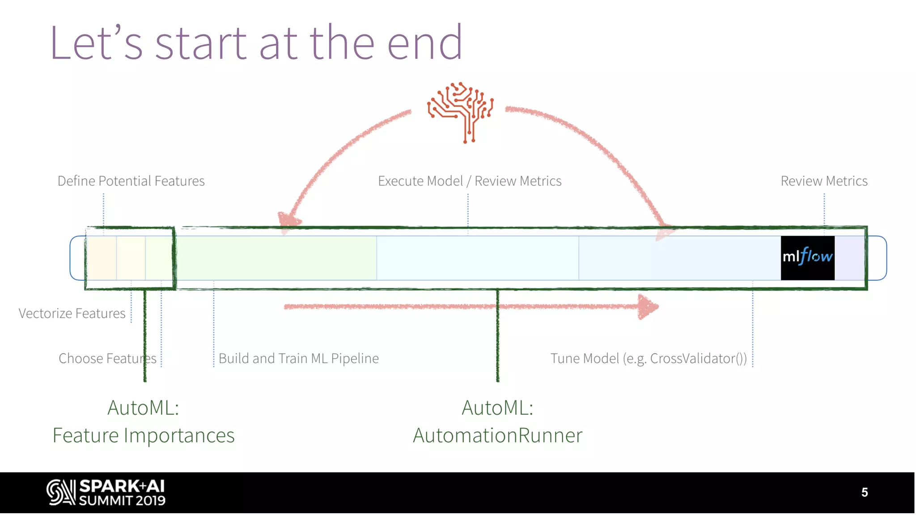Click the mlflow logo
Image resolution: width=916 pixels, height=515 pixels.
807,257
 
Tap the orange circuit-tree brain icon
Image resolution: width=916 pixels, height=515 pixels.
461,112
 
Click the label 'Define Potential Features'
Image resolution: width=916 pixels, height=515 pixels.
131,181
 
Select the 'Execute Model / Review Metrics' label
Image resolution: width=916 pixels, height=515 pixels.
470,181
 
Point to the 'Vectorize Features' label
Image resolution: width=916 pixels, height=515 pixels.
72,313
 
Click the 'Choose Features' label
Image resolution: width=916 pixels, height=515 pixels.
107,359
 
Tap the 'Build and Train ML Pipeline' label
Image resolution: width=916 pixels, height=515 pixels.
298,359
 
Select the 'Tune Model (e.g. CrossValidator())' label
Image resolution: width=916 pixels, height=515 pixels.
649,359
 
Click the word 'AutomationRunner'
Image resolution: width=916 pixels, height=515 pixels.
497,435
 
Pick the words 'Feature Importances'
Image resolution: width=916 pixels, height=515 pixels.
144,435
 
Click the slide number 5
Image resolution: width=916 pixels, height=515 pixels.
865,492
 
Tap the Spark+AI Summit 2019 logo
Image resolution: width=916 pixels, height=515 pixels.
106,492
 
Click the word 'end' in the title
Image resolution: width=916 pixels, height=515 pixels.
425,43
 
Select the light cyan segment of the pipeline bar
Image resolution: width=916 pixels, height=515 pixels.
477,258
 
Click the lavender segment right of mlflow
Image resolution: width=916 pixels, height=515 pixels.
849,258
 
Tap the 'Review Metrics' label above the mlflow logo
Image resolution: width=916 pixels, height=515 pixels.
824,181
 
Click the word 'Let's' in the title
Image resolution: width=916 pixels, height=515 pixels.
96,43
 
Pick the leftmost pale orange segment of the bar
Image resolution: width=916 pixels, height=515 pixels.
102,258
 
